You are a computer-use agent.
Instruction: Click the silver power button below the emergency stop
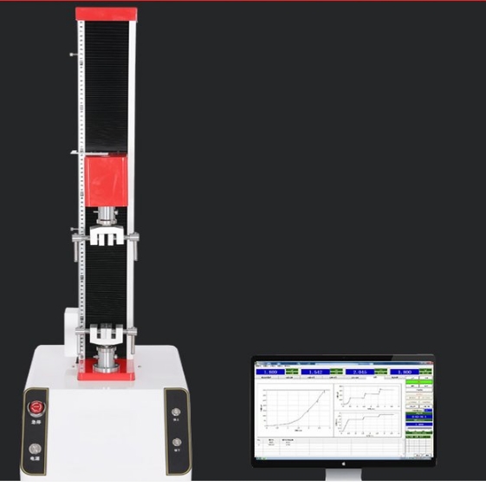[35, 449]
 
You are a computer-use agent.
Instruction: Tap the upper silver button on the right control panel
[177, 413]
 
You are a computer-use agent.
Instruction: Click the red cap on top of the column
[106, 14]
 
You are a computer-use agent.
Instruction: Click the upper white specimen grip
[107, 235]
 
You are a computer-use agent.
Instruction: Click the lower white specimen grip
[107, 331]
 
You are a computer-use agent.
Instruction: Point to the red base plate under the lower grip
[107, 374]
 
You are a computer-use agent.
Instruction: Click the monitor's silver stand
[342, 475]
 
